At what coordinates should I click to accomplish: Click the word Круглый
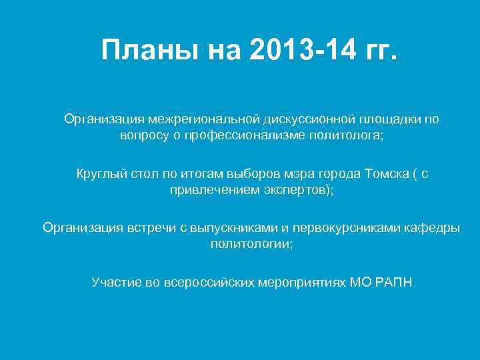pyautogui.click(x=98, y=174)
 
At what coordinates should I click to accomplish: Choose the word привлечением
pyautogui.click(x=205, y=190)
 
